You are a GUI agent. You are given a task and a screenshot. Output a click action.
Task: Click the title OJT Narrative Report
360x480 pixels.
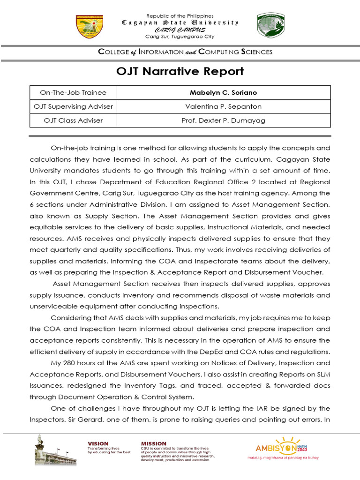(x=180, y=71)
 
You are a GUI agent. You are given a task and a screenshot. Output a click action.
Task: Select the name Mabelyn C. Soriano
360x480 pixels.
(x=223, y=93)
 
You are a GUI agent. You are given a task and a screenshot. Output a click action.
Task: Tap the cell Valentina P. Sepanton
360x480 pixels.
(x=223, y=106)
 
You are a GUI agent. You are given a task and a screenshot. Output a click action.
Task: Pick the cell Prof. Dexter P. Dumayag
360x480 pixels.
(x=223, y=120)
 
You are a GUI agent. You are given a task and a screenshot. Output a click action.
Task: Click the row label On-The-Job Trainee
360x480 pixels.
(x=73, y=93)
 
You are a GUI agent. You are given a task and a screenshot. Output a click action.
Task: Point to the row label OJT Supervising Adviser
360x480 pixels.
(x=73, y=106)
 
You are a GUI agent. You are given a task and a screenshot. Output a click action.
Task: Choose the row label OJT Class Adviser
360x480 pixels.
(x=73, y=120)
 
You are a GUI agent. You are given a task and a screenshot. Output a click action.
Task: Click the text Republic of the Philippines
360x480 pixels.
(x=180, y=16)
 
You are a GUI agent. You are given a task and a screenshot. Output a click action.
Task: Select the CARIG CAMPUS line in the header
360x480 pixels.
(x=180, y=30)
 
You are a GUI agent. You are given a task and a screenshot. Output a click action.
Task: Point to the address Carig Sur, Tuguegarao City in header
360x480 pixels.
(x=180, y=37)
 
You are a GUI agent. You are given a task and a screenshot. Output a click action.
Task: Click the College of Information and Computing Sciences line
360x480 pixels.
(x=185, y=52)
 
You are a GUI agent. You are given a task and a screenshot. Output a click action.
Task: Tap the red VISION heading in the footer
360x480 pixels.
(x=98, y=443)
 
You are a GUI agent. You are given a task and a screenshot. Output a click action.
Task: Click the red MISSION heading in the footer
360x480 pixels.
(x=154, y=443)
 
